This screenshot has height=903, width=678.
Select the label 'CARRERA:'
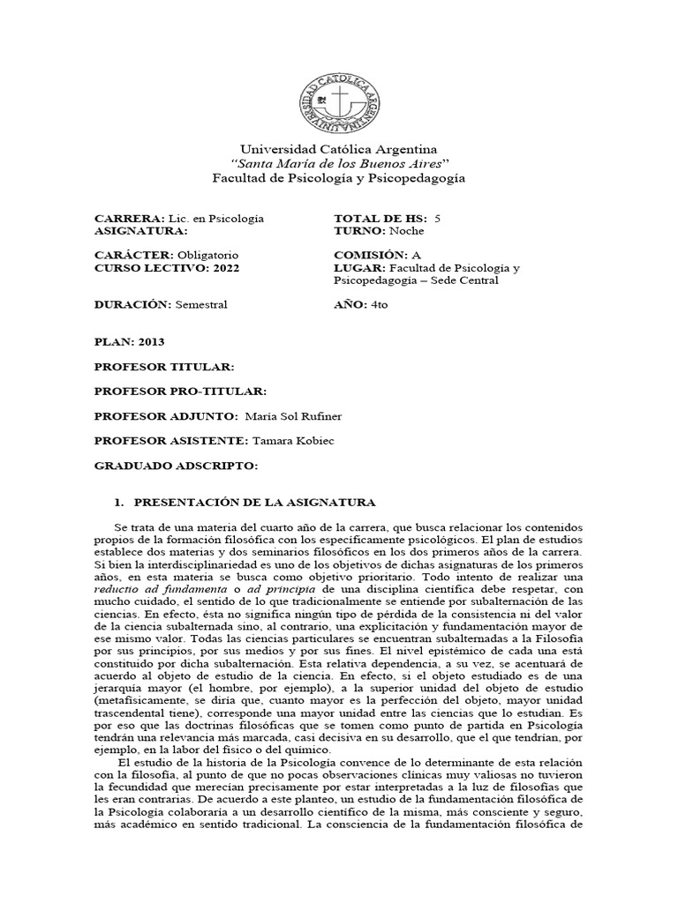click(129, 218)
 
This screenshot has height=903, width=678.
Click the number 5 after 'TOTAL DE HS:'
click(439, 218)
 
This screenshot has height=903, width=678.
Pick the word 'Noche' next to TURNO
click(405, 231)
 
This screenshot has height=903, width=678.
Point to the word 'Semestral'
click(201, 304)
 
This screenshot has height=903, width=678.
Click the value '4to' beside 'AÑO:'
click(380, 304)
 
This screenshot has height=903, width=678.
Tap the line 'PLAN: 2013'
click(129, 341)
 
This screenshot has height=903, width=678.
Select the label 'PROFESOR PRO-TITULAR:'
click(179, 390)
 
